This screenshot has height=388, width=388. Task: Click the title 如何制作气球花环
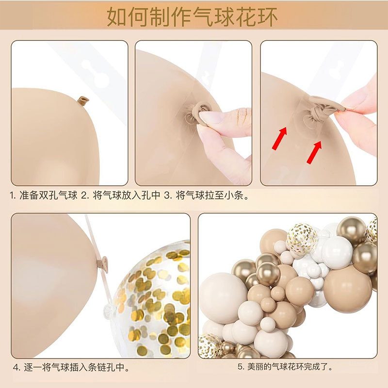coord(193,17)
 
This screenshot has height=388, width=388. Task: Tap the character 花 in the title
coord(240,17)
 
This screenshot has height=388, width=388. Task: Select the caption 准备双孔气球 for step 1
coord(48,196)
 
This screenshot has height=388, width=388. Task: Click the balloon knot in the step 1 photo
coord(83,100)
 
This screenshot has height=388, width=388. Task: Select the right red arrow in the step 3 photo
coord(315,152)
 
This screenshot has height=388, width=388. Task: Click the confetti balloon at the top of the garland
coord(302,239)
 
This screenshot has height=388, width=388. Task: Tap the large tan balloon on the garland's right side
coord(347,288)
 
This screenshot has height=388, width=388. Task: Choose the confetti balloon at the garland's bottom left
coord(210,345)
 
